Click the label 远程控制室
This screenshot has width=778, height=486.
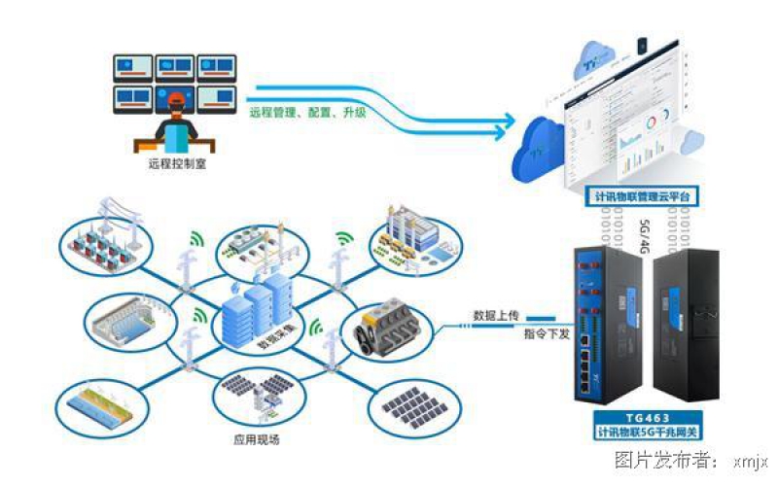click(177, 164)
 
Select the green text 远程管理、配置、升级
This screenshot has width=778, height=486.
click(307, 113)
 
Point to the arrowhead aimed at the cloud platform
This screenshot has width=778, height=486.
click(508, 123)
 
